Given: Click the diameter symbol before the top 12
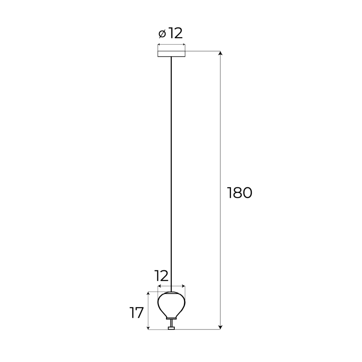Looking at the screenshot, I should click(x=163, y=33).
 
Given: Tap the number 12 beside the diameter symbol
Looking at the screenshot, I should click(x=176, y=33).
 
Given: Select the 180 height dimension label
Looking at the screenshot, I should click(x=239, y=193).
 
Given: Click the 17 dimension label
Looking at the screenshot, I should click(x=136, y=312).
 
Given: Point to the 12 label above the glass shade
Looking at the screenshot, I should click(x=161, y=276).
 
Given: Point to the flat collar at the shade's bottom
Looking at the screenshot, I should click(x=171, y=319).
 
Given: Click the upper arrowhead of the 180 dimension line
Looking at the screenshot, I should click(x=220, y=53).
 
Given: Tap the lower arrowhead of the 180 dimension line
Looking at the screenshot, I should click(x=220, y=327).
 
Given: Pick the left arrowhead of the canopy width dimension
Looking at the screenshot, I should click(x=159, y=45).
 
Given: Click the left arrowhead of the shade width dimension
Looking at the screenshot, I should click(x=159, y=287).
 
